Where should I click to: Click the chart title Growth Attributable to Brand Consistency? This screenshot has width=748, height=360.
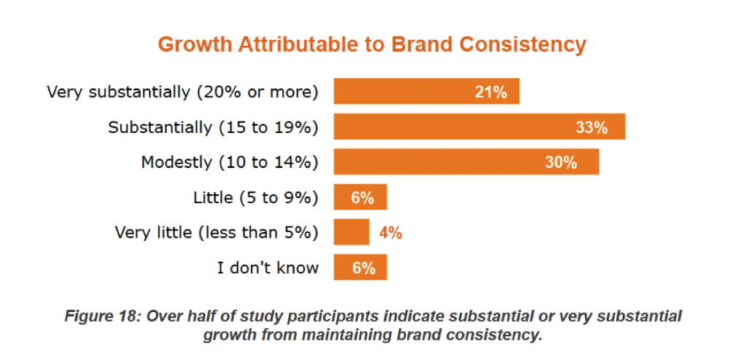[x=372, y=45]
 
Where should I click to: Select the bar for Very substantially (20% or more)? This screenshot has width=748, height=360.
[x=426, y=91]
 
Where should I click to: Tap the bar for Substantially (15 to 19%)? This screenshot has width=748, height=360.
[x=478, y=127]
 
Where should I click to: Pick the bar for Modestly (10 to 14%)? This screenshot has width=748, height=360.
[x=466, y=162]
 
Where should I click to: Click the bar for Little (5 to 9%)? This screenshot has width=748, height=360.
[x=360, y=197]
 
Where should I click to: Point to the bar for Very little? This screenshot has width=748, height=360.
[x=351, y=232]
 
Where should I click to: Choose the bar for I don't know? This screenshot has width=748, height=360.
[x=360, y=267]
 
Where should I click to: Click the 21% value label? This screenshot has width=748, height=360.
[x=490, y=92]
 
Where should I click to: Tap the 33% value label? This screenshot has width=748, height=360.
[x=592, y=128]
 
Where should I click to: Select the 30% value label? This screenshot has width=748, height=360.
[x=561, y=163]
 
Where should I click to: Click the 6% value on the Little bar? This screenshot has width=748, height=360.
[x=362, y=198]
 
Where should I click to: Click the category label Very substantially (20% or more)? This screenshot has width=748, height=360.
[x=183, y=92]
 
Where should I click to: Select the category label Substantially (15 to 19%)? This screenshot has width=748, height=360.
[x=213, y=127]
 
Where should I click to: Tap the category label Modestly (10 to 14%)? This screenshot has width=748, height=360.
[x=229, y=162]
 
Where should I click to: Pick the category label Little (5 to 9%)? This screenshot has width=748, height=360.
[x=256, y=197]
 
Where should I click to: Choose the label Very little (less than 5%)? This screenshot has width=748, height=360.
[x=217, y=232]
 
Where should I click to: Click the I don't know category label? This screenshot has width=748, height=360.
[x=268, y=267]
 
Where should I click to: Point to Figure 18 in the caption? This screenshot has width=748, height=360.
[x=102, y=316]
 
